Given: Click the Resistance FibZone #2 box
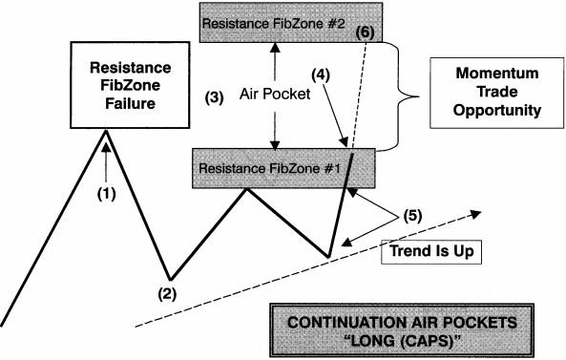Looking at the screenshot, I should point(271,23).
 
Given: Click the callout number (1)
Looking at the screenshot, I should point(107,193).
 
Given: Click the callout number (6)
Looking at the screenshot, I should point(364,32).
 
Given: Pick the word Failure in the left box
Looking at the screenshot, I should point(129,104).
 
